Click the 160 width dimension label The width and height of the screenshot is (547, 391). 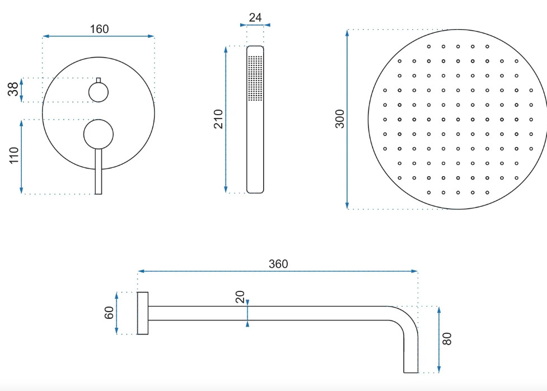100,29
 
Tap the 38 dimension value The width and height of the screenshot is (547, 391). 13,89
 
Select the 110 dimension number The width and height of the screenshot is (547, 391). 13,156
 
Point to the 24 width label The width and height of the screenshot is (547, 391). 255,17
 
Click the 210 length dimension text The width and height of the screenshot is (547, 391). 218,119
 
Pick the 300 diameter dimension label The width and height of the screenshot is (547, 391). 340,119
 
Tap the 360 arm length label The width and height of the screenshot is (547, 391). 278,264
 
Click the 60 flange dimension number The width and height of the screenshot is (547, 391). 109,313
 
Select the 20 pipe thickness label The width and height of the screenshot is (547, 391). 240,297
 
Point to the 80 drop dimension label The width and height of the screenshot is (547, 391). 447,339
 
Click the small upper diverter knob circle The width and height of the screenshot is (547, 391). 99,92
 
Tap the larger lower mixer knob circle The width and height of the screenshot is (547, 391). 99,134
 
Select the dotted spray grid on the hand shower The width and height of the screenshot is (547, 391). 255,78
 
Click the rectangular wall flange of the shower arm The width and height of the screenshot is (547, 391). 143,313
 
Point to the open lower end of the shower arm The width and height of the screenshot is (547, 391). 410,373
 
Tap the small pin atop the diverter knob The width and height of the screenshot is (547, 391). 99,80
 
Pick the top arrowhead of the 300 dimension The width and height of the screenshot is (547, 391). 347,33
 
